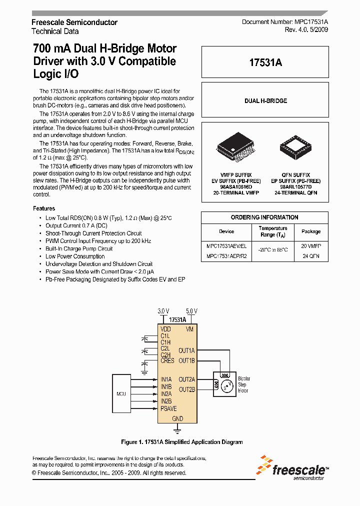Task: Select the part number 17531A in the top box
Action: [x=265, y=62]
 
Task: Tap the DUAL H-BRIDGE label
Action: [x=265, y=101]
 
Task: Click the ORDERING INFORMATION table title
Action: [x=264, y=217]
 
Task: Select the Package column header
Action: [x=310, y=231]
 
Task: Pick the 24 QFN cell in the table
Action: [x=310, y=256]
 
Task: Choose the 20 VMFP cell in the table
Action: [x=310, y=246]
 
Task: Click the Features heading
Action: [x=44, y=208]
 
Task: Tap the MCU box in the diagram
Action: [x=121, y=393]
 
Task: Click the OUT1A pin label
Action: [x=186, y=351]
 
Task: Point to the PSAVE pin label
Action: [x=168, y=408]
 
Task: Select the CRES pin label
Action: [x=167, y=361]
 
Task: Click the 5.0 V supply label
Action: [x=191, y=311]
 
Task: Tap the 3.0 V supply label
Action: [x=163, y=311]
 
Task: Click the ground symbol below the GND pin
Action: [x=177, y=428]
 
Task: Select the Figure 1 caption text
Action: [x=182, y=442]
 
